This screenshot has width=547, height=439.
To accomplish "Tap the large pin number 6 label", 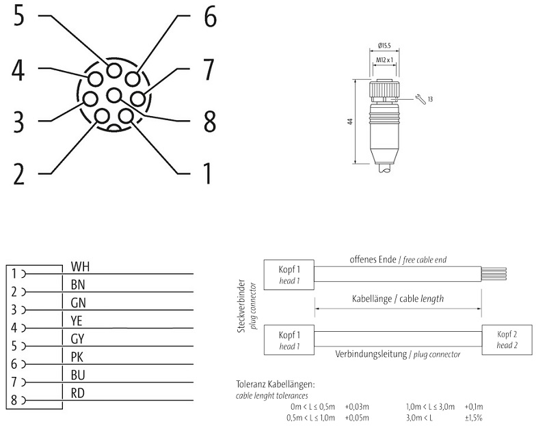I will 209,17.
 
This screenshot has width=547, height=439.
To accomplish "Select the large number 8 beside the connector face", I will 209,121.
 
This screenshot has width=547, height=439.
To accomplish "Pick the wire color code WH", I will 80,266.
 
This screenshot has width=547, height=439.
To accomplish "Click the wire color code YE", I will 78,320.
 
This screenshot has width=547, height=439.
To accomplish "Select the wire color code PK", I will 78,356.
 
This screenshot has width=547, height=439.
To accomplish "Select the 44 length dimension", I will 349,121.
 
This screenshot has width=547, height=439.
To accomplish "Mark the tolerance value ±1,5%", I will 474,416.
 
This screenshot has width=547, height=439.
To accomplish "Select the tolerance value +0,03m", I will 357,406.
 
